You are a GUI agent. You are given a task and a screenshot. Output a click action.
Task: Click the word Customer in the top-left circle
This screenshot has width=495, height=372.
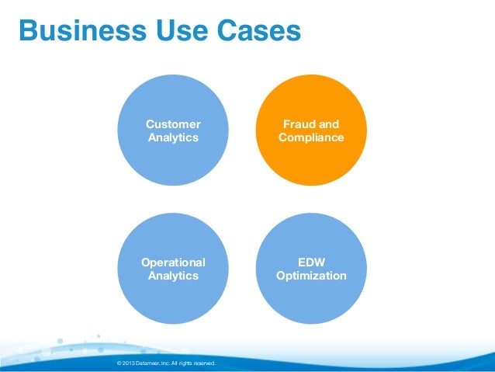coord(173,124)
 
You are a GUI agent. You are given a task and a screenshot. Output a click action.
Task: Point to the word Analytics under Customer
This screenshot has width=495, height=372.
coord(173,137)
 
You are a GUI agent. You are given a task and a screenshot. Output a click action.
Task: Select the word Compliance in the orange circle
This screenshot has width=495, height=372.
coord(311,137)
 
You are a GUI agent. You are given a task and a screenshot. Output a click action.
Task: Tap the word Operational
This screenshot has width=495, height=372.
coord(173,262)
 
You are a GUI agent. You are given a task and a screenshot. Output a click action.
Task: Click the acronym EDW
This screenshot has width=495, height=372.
coord(311,262)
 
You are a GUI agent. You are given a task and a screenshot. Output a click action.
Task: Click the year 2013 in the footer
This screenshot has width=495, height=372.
coord(128,363)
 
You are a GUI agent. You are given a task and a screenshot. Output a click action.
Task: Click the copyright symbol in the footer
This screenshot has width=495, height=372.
coord(117,363)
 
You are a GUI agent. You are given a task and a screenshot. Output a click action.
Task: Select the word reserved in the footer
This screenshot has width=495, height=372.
coord(203,363)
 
